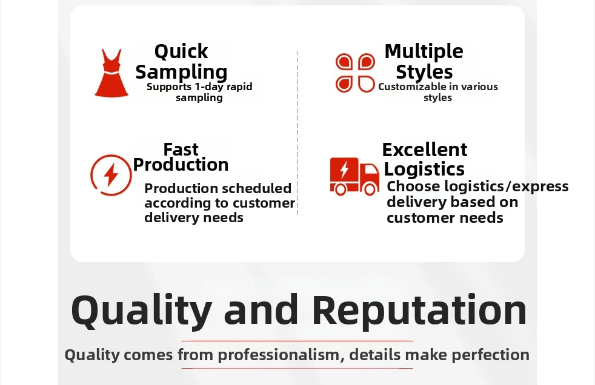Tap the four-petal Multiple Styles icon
click(x=355, y=73)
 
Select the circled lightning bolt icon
click(x=111, y=175)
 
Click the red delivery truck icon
click(x=354, y=176)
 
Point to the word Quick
click(x=181, y=52)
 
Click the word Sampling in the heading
click(x=181, y=72)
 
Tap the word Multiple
click(x=424, y=51)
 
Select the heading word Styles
click(x=424, y=72)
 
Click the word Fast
click(x=181, y=150)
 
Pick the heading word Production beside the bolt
click(x=181, y=165)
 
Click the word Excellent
click(x=425, y=150)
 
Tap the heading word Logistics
click(x=424, y=169)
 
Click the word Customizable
click(x=413, y=87)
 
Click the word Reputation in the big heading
click(x=419, y=310)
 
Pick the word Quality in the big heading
click(x=141, y=311)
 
